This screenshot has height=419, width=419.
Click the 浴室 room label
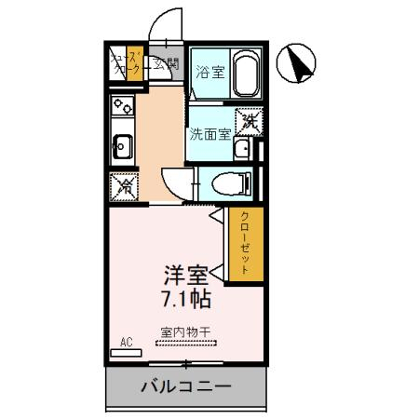tap(209, 73)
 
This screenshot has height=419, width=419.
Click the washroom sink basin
tap(242, 149)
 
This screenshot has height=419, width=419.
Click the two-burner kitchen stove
tap(122, 107)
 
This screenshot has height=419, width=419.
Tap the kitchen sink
tap(122, 146)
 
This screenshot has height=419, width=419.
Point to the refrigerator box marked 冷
tap(123, 185)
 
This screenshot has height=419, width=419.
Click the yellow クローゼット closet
tap(246, 244)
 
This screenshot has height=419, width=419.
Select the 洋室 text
tap(185, 277)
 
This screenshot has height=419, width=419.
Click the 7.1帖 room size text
tap(185, 300)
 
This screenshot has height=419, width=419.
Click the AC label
tap(126, 343)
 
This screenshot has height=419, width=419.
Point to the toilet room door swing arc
tap(174, 180)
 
